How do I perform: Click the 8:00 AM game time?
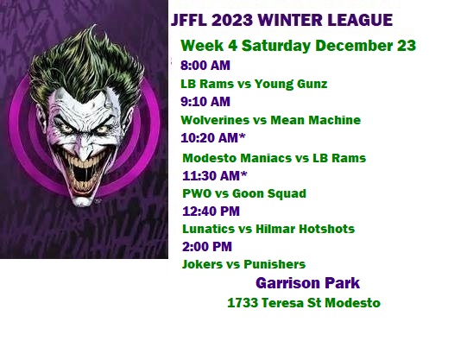tap(205, 66)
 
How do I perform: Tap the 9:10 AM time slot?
tap(205, 102)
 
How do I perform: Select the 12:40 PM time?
tap(211, 212)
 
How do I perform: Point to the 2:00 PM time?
tap(207, 247)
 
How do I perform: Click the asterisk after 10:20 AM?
tap(243, 136)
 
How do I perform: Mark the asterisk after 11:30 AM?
tap(244, 174)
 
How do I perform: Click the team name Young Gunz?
tap(291, 84)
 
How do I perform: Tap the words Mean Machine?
tap(315, 120)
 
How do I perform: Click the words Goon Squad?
tap(269, 193)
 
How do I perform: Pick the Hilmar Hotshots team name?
tap(306, 229)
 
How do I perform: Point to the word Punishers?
tap(275, 264)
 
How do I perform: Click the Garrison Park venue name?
tap(307, 283)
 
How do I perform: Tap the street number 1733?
tap(243, 303)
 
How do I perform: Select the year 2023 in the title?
tap(232, 20)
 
